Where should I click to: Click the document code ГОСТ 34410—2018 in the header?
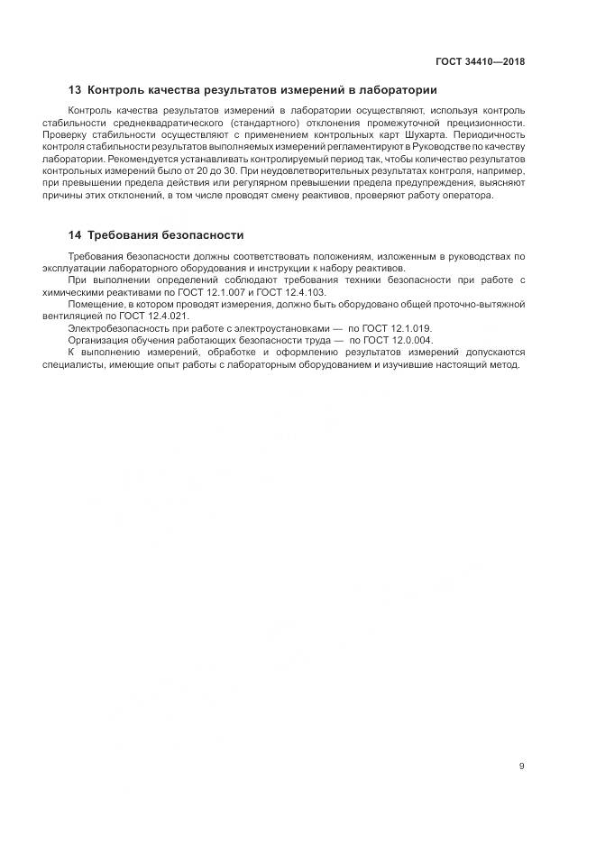click(479, 62)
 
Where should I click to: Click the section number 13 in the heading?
click(75, 90)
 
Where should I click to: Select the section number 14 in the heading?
click(75, 235)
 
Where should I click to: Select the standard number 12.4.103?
click(301, 292)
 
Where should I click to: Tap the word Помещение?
click(96, 305)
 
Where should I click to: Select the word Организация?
click(98, 340)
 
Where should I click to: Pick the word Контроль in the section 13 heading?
click(117, 90)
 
